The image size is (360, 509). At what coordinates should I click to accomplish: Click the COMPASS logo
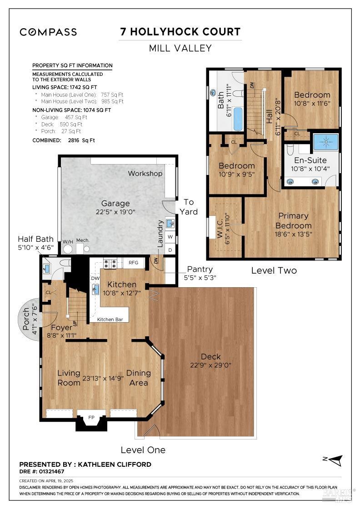pos(48,32)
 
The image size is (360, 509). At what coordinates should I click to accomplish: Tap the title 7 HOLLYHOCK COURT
pos(180,32)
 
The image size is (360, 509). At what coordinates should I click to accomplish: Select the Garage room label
pos(115,203)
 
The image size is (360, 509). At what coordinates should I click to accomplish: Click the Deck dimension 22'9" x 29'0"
pos(210,365)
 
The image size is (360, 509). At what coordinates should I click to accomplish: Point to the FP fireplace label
pos(91,418)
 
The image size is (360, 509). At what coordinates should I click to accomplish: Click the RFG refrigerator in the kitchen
pos(134,263)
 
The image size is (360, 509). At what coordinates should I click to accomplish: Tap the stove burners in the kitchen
pos(110,264)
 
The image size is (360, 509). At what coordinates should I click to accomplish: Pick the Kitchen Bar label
pos(110,319)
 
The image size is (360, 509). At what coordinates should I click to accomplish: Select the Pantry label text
pos(200,269)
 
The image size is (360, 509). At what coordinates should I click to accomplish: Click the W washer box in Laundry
pos(170,237)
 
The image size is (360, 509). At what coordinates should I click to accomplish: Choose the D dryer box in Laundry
pos(170,250)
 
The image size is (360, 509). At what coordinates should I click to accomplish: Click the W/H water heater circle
pos(68,249)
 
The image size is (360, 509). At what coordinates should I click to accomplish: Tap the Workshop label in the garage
pos(145,173)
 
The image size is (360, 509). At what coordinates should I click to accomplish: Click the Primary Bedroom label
pos(294,221)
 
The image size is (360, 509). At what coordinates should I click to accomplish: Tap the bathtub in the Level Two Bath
pos(238,119)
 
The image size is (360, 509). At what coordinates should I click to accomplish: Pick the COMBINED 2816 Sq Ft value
pos(81,140)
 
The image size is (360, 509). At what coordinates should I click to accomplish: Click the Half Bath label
pos(35,239)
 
